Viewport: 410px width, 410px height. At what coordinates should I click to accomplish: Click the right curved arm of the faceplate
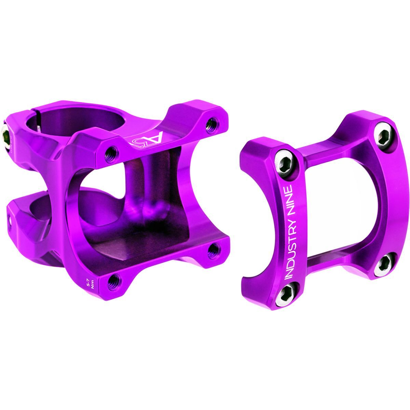click(x=393, y=205)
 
